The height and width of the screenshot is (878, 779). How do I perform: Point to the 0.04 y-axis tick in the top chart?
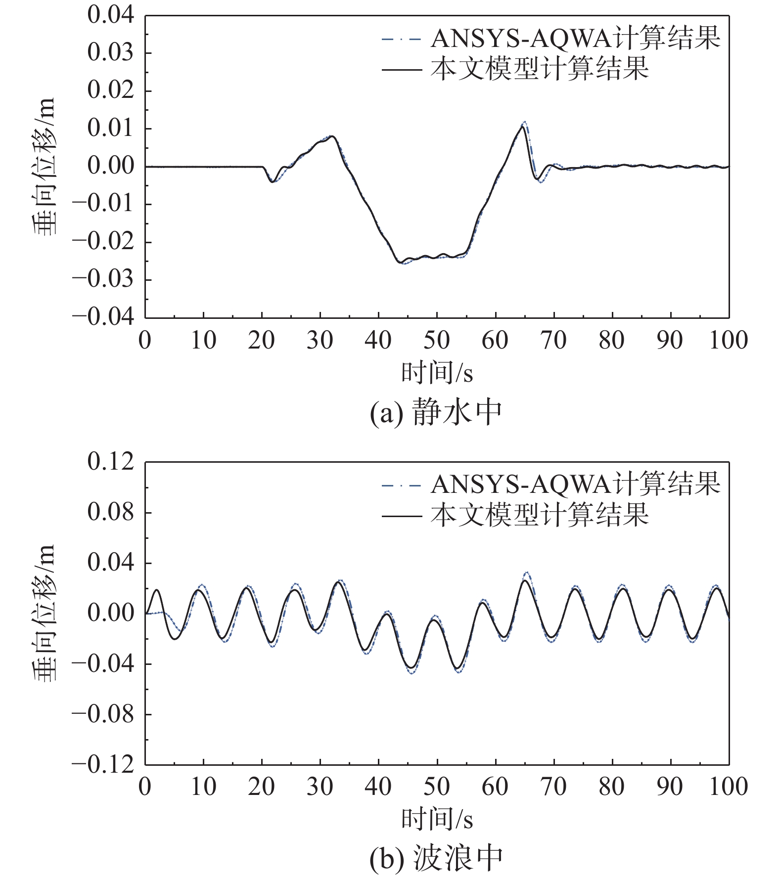click(x=111, y=15)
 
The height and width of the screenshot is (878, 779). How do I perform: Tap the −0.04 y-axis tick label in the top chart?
click(x=103, y=317)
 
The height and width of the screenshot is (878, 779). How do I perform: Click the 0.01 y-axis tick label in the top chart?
click(x=111, y=129)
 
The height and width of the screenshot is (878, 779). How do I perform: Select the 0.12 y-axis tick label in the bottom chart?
click(x=111, y=462)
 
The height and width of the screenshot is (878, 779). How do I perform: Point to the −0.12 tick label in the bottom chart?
click(x=103, y=765)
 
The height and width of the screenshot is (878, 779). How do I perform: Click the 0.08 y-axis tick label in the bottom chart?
click(x=111, y=513)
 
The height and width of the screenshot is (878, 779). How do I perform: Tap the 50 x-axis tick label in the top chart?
click(x=437, y=341)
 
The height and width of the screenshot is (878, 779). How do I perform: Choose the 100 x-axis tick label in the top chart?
click(x=728, y=341)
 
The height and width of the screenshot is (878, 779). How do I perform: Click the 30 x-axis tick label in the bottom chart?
click(x=320, y=787)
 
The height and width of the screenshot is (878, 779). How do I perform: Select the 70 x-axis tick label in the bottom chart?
click(x=553, y=787)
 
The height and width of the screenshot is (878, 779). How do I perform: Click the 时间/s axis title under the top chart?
click(x=437, y=373)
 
